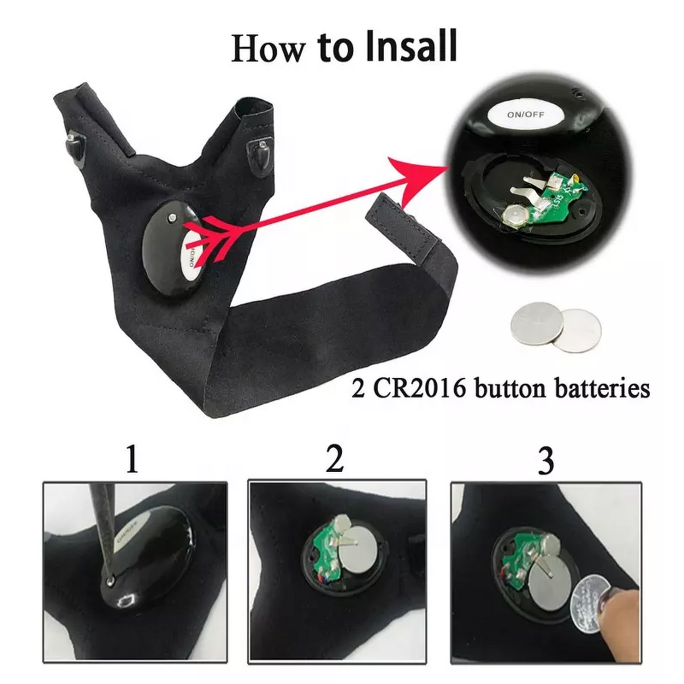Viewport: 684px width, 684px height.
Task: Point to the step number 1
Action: (x=131, y=461)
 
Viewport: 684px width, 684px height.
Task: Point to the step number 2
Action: (x=335, y=459)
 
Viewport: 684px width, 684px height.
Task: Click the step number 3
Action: (x=545, y=461)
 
